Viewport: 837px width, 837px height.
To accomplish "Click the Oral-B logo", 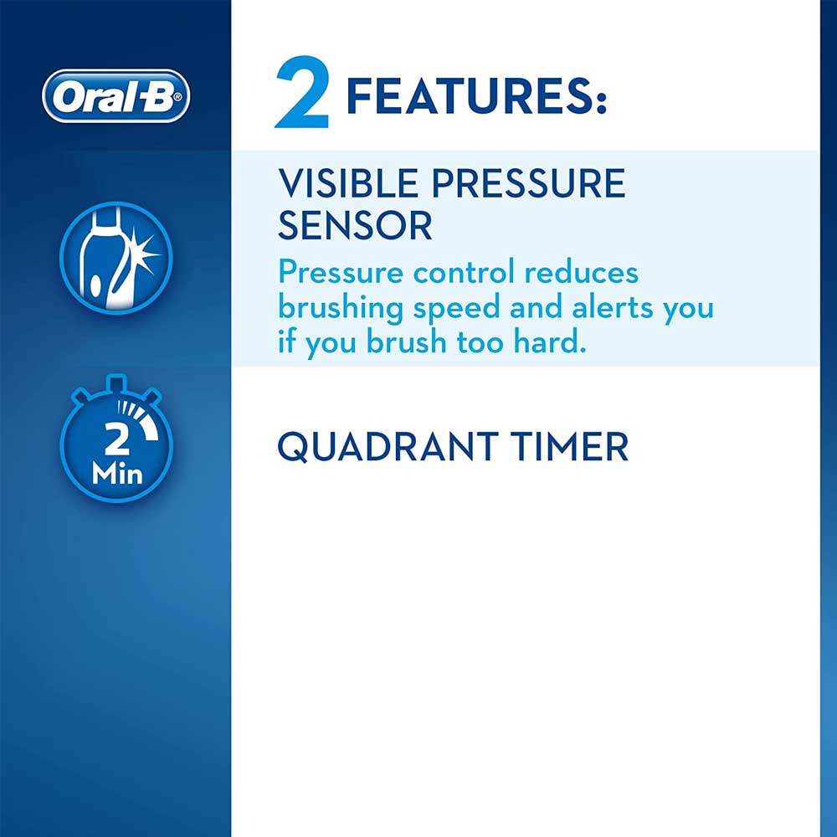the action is pos(116,96).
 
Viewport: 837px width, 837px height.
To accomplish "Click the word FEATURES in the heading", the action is pos(470,96).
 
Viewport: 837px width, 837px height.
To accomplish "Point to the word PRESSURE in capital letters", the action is pos(528,183).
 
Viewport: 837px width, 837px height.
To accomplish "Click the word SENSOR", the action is pos(355,225).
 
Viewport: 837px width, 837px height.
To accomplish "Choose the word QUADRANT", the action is pos(388,447).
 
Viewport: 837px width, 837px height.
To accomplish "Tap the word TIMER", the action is pos(569,446).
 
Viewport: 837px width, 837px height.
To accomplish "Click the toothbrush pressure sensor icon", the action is pos(116,258).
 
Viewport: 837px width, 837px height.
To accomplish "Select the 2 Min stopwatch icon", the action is pos(116,439).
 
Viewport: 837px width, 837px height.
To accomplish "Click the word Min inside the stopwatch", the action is pos(117,474).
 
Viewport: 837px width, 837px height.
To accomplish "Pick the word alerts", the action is pos(613,307).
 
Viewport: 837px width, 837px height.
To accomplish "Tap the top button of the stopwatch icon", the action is pos(116,382).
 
